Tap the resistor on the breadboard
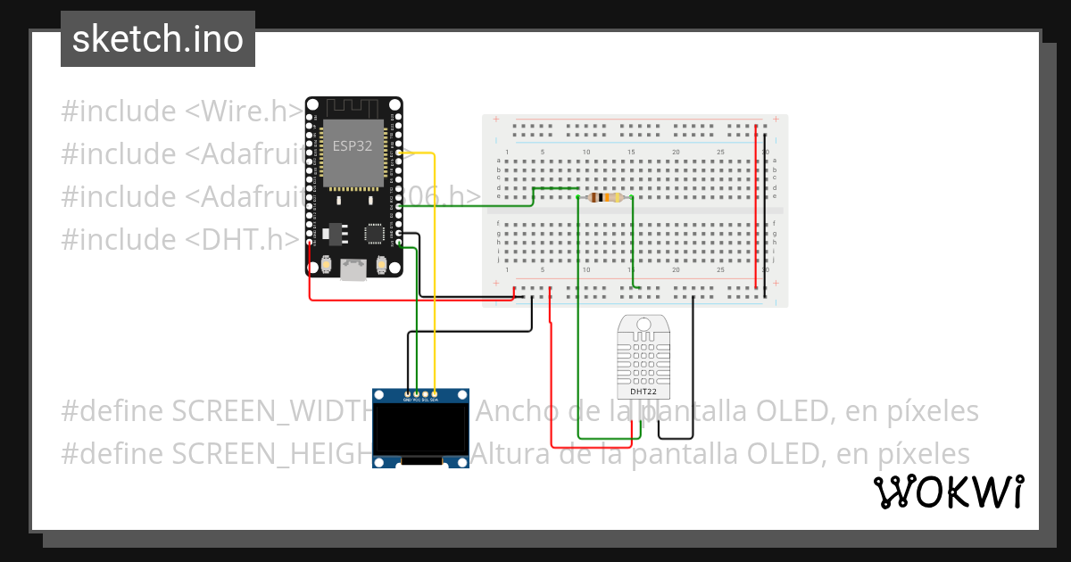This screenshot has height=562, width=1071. click(x=607, y=197)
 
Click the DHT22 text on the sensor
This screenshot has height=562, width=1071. click(x=643, y=391)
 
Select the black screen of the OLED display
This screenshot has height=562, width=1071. click(x=420, y=431)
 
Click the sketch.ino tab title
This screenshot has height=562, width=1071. click(x=158, y=39)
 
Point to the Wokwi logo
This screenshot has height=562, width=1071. click(x=948, y=492)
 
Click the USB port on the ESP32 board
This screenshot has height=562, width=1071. click(x=354, y=269)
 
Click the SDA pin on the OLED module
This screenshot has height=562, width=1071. click(x=434, y=393)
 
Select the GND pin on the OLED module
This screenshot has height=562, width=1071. click(x=408, y=393)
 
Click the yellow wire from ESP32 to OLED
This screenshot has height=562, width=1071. click(x=435, y=268)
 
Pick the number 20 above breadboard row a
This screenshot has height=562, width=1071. click(x=676, y=153)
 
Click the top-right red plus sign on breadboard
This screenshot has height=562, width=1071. click(x=776, y=119)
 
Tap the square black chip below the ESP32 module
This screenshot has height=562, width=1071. click(x=374, y=234)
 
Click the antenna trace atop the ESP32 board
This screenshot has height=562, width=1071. click(x=353, y=107)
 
